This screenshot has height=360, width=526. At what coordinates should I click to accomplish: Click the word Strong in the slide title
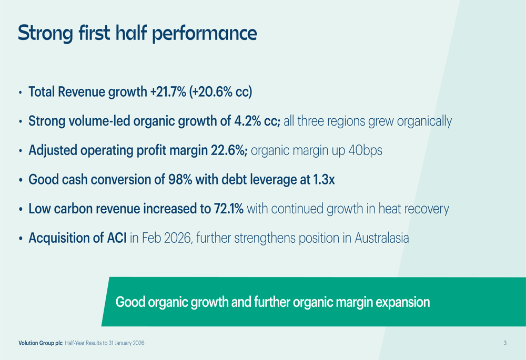click(x=45, y=33)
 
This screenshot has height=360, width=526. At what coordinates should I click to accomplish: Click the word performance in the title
click(x=205, y=34)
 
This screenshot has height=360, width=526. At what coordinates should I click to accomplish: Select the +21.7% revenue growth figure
click(x=168, y=91)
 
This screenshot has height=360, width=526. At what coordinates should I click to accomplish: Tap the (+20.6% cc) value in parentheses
click(x=220, y=92)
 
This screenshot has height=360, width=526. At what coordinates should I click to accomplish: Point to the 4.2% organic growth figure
click(x=248, y=121)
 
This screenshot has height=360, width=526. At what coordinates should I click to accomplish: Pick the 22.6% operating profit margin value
click(x=228, y=150)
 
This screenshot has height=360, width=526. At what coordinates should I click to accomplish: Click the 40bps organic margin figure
click(x=365, y=151)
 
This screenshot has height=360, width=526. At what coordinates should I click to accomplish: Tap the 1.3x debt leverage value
click(x=323, y=179)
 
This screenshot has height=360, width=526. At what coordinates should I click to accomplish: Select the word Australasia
click(x=382, y=238)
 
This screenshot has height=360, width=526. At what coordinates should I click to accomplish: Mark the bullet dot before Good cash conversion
click(x=21, y=180)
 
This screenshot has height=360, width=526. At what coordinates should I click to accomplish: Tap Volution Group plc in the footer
click(x=41, y=343)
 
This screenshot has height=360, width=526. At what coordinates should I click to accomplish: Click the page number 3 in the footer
click(x=505, y=343)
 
